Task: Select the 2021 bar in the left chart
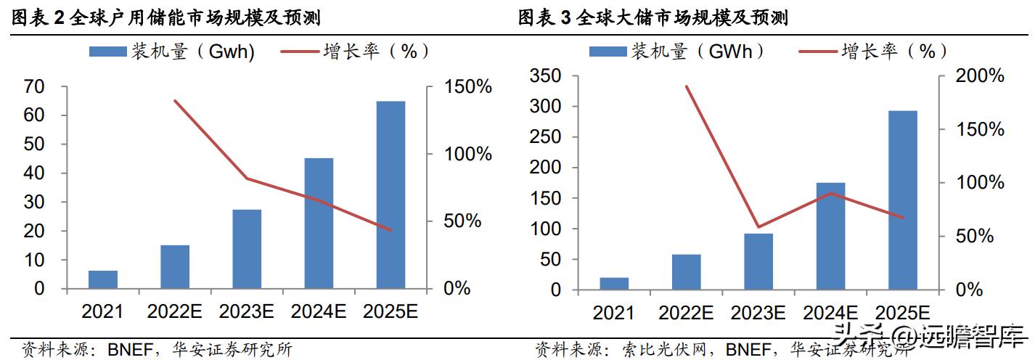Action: pos(103,279)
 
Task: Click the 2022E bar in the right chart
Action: pos(686,271)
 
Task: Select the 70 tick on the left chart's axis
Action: pos(34,87)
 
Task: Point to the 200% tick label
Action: pos(979,76)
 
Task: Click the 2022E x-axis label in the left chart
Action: pos(175,311)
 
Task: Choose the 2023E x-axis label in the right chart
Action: pos(758,313)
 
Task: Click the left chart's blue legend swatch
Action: pos(107,52)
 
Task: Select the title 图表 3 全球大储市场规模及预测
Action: pos(653,18)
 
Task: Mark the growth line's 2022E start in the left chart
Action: pos(175,101)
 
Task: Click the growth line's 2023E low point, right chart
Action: pos(758,227)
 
